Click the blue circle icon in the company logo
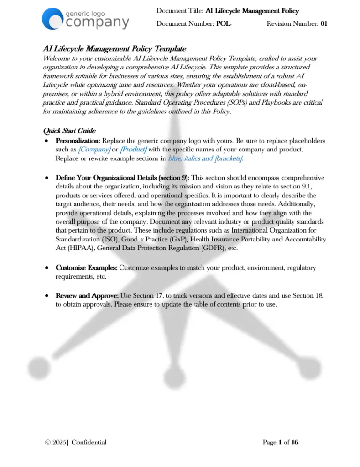point(52,19)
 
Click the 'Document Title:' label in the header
point(180,10)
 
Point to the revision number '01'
point(323,23)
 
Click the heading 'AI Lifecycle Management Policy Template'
point(114,48)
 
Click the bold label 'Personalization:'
point(78,141)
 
